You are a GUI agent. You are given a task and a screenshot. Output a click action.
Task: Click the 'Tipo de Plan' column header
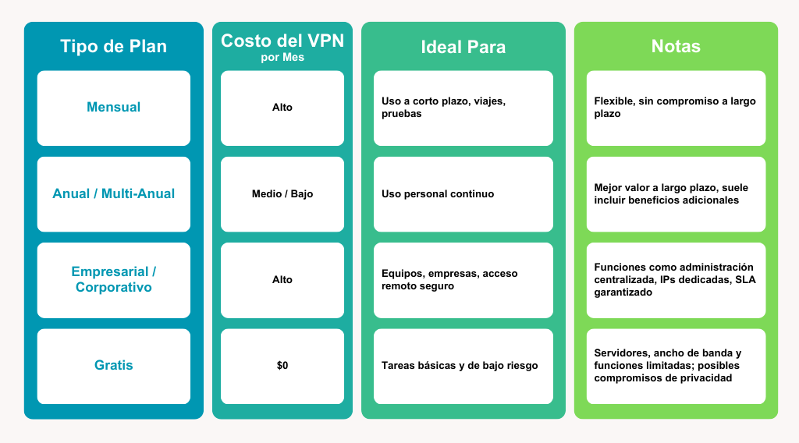point(114,46)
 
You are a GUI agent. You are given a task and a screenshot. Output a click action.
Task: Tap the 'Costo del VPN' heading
point(282,41)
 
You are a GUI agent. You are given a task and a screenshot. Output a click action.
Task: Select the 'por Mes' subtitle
point(282,57)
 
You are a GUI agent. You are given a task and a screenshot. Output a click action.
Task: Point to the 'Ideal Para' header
point(463,47)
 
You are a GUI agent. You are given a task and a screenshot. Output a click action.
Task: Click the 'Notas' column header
point(676,46)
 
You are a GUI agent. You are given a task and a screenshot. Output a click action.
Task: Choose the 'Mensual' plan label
point(114,107)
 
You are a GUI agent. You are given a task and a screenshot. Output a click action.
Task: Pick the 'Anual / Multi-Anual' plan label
point(114,193)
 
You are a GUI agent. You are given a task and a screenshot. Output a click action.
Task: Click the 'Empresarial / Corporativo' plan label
point(114,279)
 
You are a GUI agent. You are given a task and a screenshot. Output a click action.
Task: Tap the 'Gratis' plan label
point(114,365)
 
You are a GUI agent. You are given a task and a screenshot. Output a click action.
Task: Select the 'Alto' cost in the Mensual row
point(282,108)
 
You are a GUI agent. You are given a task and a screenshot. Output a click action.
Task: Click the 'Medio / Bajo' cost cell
point(282,194)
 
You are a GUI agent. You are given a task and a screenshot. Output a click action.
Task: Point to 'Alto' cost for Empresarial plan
point(282,279)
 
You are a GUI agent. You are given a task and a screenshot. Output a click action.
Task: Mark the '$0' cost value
point(282,366)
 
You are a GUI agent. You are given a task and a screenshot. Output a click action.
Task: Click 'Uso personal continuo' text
point(438,194)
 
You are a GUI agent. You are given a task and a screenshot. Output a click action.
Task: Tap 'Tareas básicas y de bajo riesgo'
point(460,366)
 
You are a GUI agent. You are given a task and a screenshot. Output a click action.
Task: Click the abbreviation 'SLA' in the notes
point(745,279)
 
